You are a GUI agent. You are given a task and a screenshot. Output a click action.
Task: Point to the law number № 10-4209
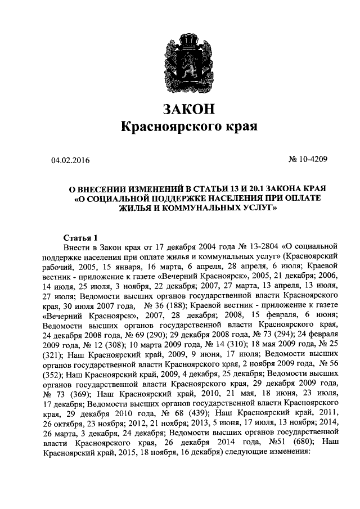[x=308, y=160]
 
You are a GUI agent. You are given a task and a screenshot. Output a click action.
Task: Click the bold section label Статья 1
[x=80, y=236]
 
